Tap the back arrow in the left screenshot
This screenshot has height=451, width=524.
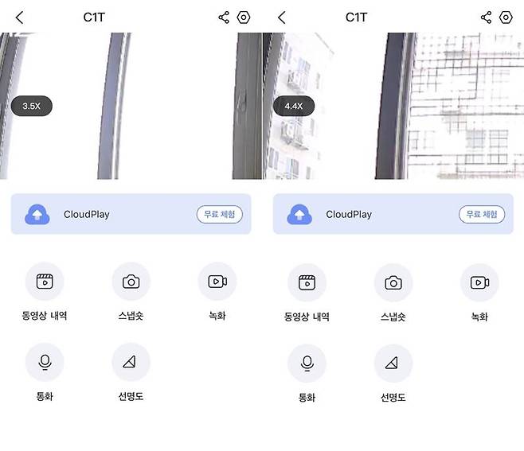pyautogui.click(x=20, y=17)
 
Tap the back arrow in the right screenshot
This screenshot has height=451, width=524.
pyautogui.click(x=282, y=17)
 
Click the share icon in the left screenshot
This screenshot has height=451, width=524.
pyautogui.click(x=224, y=17)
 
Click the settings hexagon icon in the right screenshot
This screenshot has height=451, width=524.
pyautogui.click(x=506, y=17)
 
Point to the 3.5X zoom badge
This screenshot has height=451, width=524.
pyautogui.click(x=32, y=106)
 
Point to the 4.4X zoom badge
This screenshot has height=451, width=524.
pyautogui.click(x=294, y=106)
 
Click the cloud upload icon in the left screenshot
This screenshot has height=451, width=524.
pyautogui.click(x=37, y=214)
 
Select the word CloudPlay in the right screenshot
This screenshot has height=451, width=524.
pyautogui.click(x=349, y=215)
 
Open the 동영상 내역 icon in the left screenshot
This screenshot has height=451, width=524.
pyautogui.click(x=45, y=282)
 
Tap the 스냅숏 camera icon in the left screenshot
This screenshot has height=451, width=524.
pyautogui.click(x=131, y=282)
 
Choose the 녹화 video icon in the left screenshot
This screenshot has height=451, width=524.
pyautogui.click(x=217, y=282)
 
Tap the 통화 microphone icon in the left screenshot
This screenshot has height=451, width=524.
pyautogui.click(x=45, y=363)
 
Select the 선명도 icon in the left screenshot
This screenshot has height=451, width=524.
pyautogui.click(x=131, y=363)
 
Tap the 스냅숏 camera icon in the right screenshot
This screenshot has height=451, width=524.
pyautogui.click(x=393, y=282)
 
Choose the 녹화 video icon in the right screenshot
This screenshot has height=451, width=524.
pyautogui.click(x=479, y=282)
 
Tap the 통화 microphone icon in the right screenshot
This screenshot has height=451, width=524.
pyautogui.click(x=307, y=364)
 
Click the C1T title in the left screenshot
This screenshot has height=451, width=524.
pyautogui.click(x=95, y=17)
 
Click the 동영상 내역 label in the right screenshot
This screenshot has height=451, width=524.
pyautogui.click(x=307, y=317)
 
